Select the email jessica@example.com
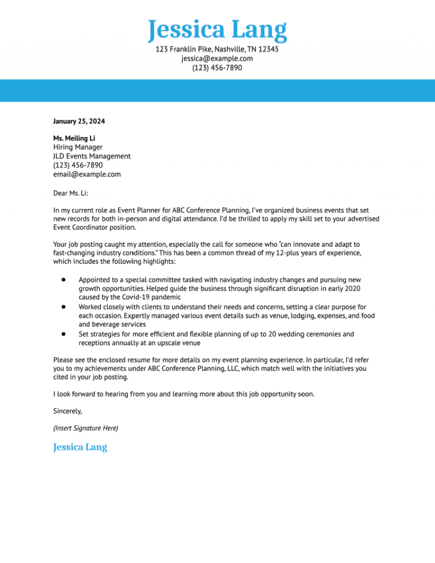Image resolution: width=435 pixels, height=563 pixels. [217, 58]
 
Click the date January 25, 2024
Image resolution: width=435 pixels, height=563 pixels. [79, 121]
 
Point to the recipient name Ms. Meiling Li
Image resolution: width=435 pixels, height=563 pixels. [74, 138]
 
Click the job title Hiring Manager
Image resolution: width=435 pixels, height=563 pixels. [78, 147]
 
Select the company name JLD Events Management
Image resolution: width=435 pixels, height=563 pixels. [92, 156]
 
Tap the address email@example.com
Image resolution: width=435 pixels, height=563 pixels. [87, 174]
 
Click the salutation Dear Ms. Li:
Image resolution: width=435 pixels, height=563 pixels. [71, 193]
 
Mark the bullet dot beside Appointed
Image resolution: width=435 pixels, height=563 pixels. [64, 280]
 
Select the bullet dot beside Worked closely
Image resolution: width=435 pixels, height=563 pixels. [64, 306]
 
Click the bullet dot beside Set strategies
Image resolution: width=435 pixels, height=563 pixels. [64, 334]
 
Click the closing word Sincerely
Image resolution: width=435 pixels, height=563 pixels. [67, 411]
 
